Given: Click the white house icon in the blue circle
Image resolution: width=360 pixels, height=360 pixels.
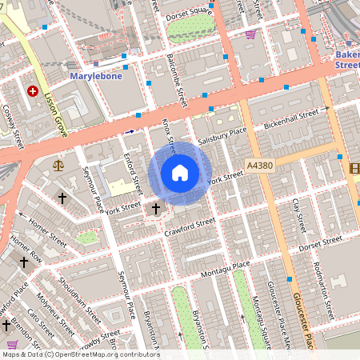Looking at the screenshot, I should [x=180, y=173].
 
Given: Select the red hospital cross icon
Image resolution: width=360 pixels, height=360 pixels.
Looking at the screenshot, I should [x=33, y=91].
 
